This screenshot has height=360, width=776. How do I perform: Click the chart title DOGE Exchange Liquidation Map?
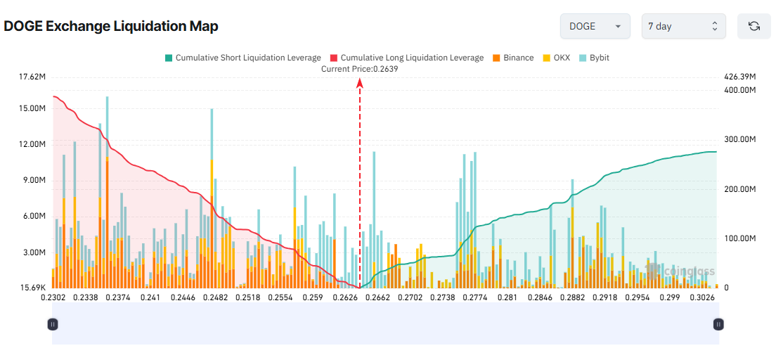click(111, 27)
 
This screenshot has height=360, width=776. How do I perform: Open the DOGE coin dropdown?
click(595, 26)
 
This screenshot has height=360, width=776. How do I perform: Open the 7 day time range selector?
click(683, 26)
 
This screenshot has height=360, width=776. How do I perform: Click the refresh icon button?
click(754, 26)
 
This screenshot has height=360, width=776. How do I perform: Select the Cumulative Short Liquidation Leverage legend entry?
click(242, 58)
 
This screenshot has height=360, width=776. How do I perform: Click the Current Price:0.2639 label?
click(360, 69)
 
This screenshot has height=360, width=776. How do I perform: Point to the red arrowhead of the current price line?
click(360, 83)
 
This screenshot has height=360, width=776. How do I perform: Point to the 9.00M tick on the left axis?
click(34, 180)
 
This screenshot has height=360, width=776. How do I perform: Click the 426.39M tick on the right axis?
click(739, 77)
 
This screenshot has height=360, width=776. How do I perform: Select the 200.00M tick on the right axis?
click(739, 190)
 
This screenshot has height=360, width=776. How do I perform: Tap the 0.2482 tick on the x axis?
click(215, 298)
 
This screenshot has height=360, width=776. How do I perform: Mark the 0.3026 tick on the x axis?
click(702, 298)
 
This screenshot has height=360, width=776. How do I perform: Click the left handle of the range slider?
click(53, 324)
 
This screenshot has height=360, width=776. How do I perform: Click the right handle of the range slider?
click(718, 324)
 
